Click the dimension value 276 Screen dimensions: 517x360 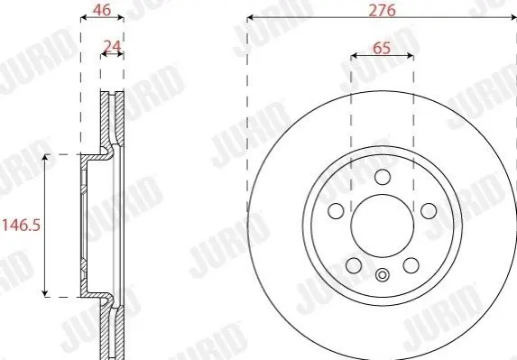(382, 10)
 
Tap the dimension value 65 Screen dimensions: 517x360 (382, 48)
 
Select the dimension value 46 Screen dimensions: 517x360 (102, 10)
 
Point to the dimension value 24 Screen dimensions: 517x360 (113, 47)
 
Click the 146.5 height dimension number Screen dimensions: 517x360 (21, 226)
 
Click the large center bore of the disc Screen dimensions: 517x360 (383, 226)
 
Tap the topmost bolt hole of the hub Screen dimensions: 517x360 (383, 177)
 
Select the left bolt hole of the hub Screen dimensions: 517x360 (336, 210)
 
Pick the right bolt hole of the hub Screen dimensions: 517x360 (429, 210)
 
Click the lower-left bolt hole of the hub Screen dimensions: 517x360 (354, 265)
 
